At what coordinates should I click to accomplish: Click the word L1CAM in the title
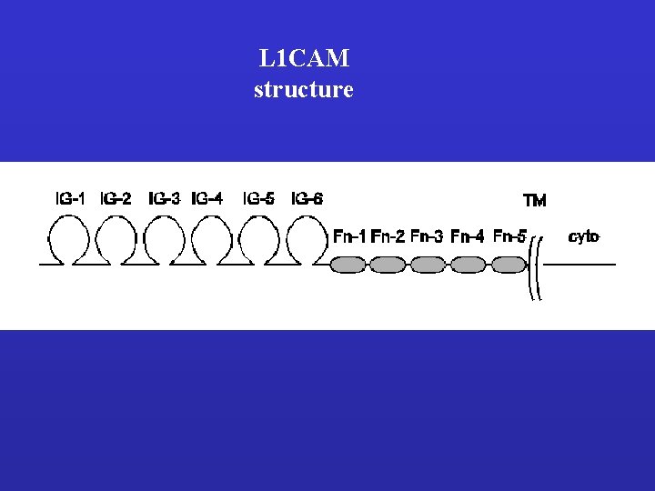click(x=303, y=60)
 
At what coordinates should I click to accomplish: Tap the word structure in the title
click(x=303, y=89)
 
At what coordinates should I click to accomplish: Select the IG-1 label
click(x=70, y=197)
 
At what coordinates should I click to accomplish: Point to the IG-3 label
click(x=165, y=197)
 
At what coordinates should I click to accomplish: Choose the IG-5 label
click(x=258, y=197)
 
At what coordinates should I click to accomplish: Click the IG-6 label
click(x=307, y=197)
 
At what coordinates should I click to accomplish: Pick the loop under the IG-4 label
click(x=210, y=241)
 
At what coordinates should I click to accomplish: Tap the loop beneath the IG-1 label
click(x=68, y=241)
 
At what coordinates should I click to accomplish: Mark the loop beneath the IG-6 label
click(x=306, y=241)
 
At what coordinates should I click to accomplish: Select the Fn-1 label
click(x=349, y=237)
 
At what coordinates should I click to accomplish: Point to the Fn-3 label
click(x=427, y=237)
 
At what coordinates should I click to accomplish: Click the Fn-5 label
click(x=509, y=237)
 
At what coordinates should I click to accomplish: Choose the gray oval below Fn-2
click(x=388, y=265)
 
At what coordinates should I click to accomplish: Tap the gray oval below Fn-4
click(x=468, y=265)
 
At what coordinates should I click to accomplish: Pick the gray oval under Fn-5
click(x=509, y=265)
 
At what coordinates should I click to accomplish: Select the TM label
click(x=535, y=200)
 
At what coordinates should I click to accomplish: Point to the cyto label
click(x=584, y=237)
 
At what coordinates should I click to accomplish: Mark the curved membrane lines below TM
click(x=538, y=269)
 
